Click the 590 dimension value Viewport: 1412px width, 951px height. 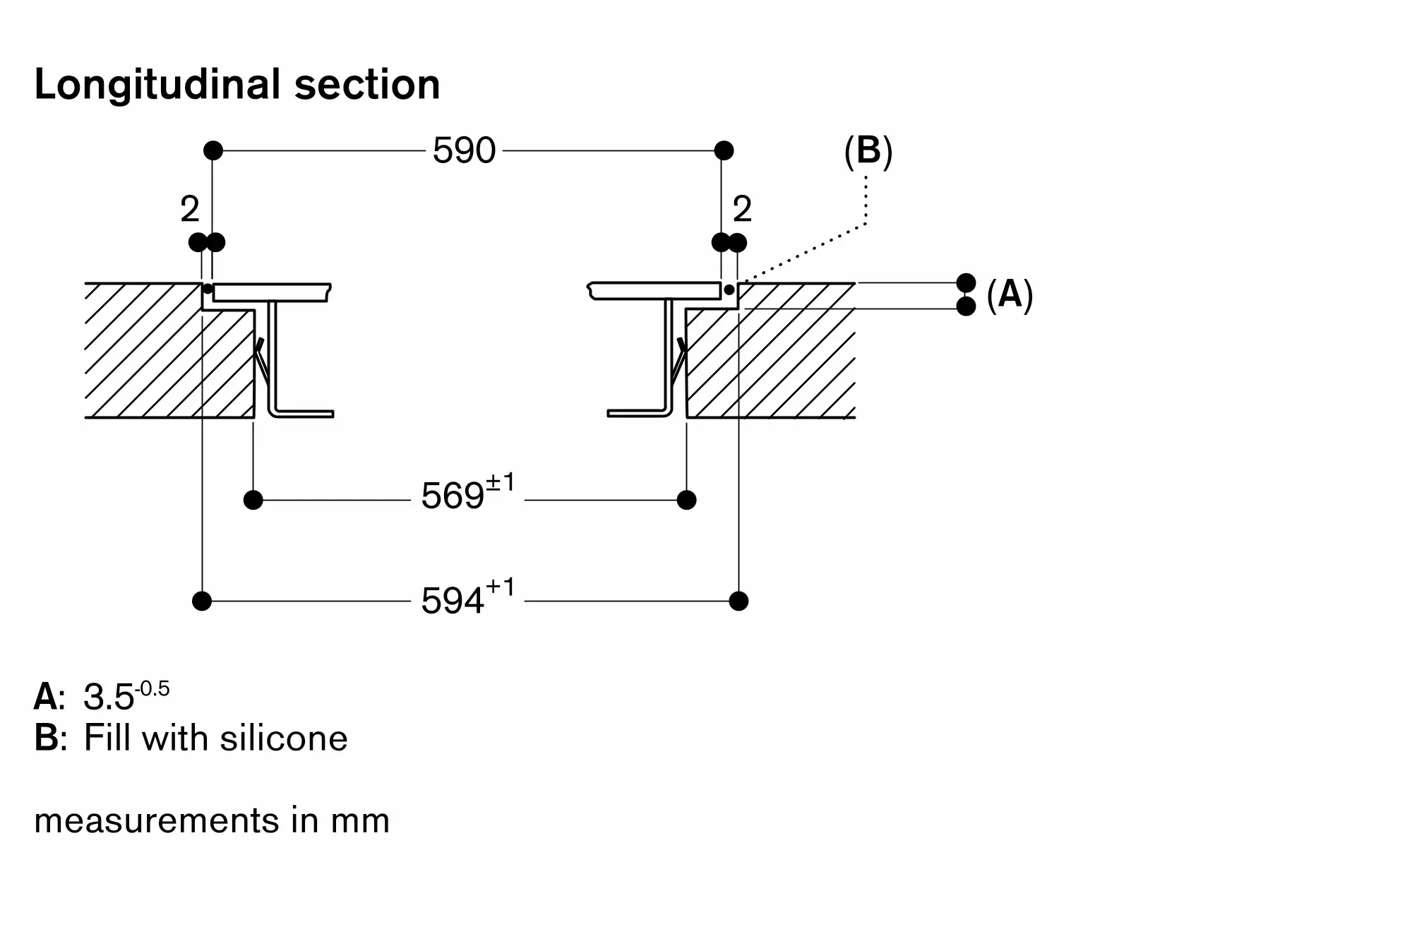point(464,150)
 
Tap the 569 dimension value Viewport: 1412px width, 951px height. point(453,496)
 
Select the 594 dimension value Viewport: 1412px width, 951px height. point(453,602)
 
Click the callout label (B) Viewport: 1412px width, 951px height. point(868,151)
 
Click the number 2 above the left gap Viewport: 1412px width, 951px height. point(190,209)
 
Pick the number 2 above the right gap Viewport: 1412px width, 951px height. point(742,209)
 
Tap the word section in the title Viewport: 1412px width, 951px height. point(367,85)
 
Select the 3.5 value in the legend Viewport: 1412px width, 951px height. point(109,697)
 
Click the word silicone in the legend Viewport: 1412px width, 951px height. point(283,738)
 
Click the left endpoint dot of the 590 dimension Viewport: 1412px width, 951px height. point(213,150)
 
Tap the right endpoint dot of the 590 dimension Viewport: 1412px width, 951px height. point(724,150)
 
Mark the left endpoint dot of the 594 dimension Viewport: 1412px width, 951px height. point(202,602)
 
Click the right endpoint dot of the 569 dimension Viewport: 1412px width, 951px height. point(686,500)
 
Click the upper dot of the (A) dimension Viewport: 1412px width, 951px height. point(966,283)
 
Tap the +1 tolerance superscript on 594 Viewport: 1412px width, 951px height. point(500,587)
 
